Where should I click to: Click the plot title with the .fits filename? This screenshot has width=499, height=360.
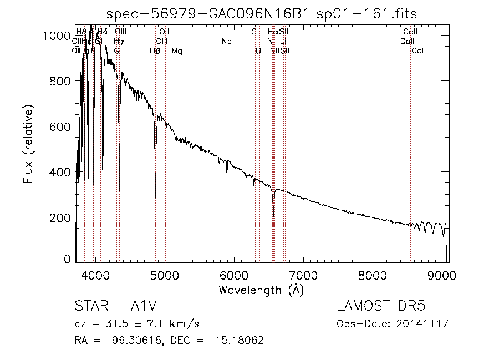coord(262,13)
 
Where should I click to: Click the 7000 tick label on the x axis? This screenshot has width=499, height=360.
coord(303,275)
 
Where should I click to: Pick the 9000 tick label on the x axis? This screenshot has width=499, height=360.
coord(441,275)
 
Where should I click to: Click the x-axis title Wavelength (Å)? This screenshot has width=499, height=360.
coord(261,290)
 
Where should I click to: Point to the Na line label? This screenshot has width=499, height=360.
coord(227,42)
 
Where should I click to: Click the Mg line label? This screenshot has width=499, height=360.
coord(177,51)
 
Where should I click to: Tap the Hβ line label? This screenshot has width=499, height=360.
coord(155,51)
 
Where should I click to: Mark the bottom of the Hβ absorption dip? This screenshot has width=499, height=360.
coord(155,197)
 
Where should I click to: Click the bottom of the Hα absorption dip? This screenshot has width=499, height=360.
coord(273,216)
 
